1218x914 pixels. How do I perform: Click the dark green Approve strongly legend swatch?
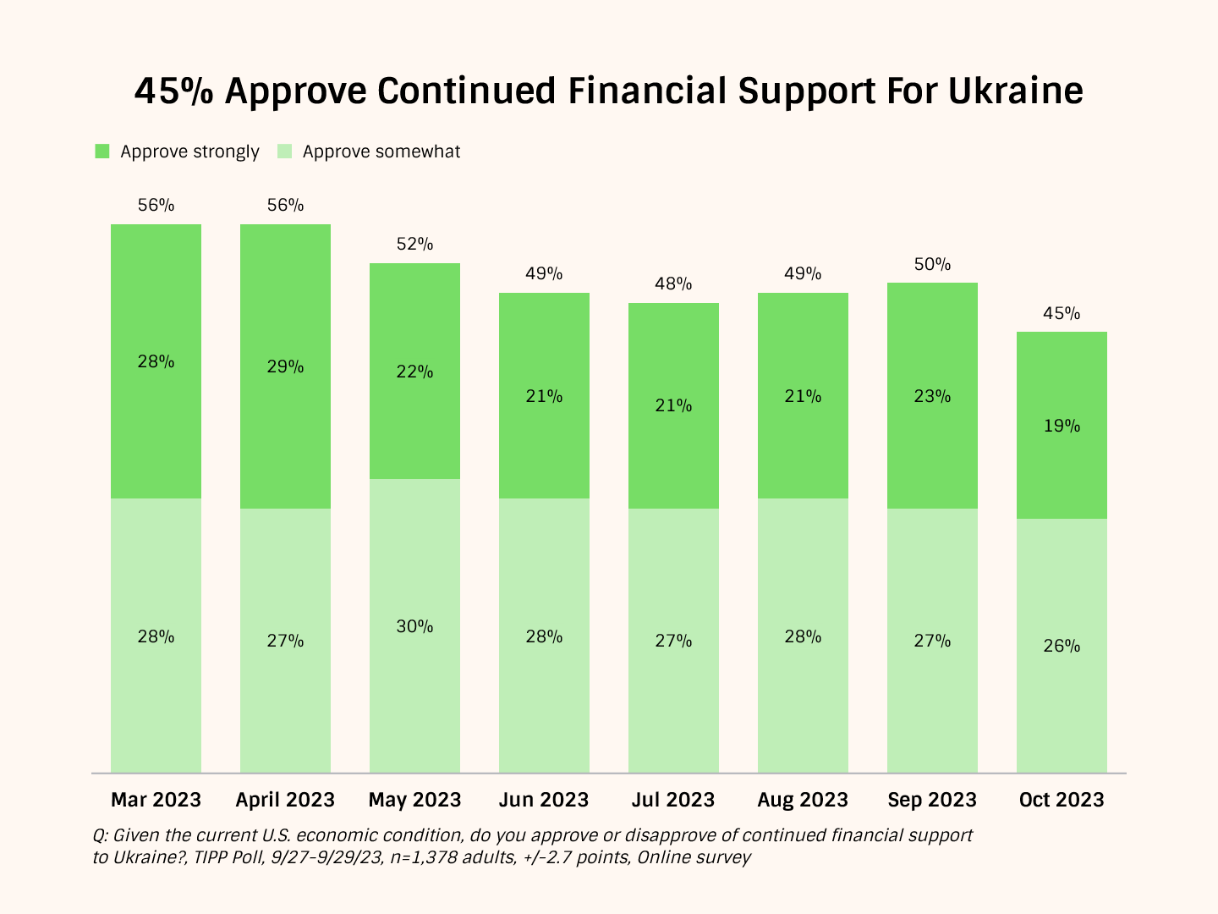click(x=102, y=151)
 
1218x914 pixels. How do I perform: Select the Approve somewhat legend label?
click(x=381, y=151)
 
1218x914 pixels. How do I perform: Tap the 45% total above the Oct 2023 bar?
click(x=1062, y=313)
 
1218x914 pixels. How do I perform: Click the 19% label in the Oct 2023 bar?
click(x=1062, y=426)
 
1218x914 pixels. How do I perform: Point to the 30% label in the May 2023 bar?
click(x=414, y=626)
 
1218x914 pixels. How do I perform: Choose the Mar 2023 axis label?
click(x=156, y=800)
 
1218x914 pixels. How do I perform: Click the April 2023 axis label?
click(x=285, y=800)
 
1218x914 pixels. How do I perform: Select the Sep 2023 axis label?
click(x=932, y=800)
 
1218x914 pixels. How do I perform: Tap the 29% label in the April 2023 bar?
click(x=285, y=366)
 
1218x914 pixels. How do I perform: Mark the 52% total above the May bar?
click(x=414, y=244)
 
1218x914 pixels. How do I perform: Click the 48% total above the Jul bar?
click(x=673, y=284)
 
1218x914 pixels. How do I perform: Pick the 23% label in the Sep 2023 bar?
click(x=932, y=396)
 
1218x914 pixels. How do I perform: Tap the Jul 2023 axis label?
click(x=673, y=800)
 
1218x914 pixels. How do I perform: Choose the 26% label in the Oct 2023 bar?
click(x=1062, y=646)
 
